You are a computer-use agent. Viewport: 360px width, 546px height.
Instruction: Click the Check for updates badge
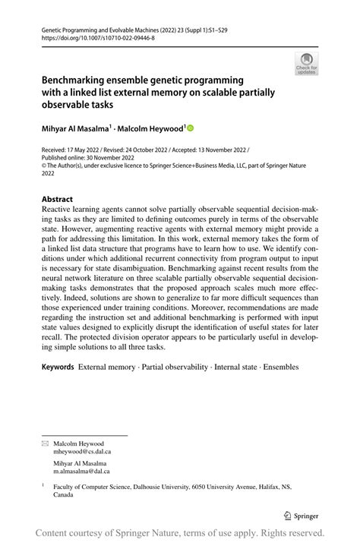click(x=307, y=65)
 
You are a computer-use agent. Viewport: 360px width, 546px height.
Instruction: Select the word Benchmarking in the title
click(x=78, y=80)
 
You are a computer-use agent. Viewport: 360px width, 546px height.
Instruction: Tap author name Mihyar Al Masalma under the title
click(x=78, y=128)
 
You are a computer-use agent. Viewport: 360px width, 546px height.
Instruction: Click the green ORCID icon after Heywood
click(x=191, y=128)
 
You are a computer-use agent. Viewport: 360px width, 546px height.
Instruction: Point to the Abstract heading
click(x=58, y=199)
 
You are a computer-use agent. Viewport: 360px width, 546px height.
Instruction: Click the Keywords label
click(x=58, y=367)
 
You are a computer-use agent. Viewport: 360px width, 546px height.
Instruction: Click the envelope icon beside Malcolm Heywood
click(x=44, y=443)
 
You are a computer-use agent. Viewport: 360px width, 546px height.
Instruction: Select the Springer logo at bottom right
click(x=301, y=515)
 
